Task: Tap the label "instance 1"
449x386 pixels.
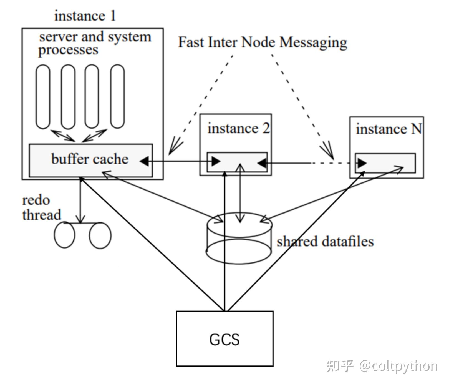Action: point(85,16)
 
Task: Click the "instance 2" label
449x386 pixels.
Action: point(239,128)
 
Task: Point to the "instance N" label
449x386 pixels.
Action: point(389,129)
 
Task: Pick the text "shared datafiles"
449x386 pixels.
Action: point(325,241)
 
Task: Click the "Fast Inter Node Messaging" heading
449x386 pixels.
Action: point(263,42)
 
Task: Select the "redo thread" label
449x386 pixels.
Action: point(42,207)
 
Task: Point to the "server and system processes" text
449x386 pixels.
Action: point(95,43)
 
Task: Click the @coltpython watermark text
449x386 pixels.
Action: point(398,366)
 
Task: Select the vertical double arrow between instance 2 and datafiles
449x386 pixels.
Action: point(240,193)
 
